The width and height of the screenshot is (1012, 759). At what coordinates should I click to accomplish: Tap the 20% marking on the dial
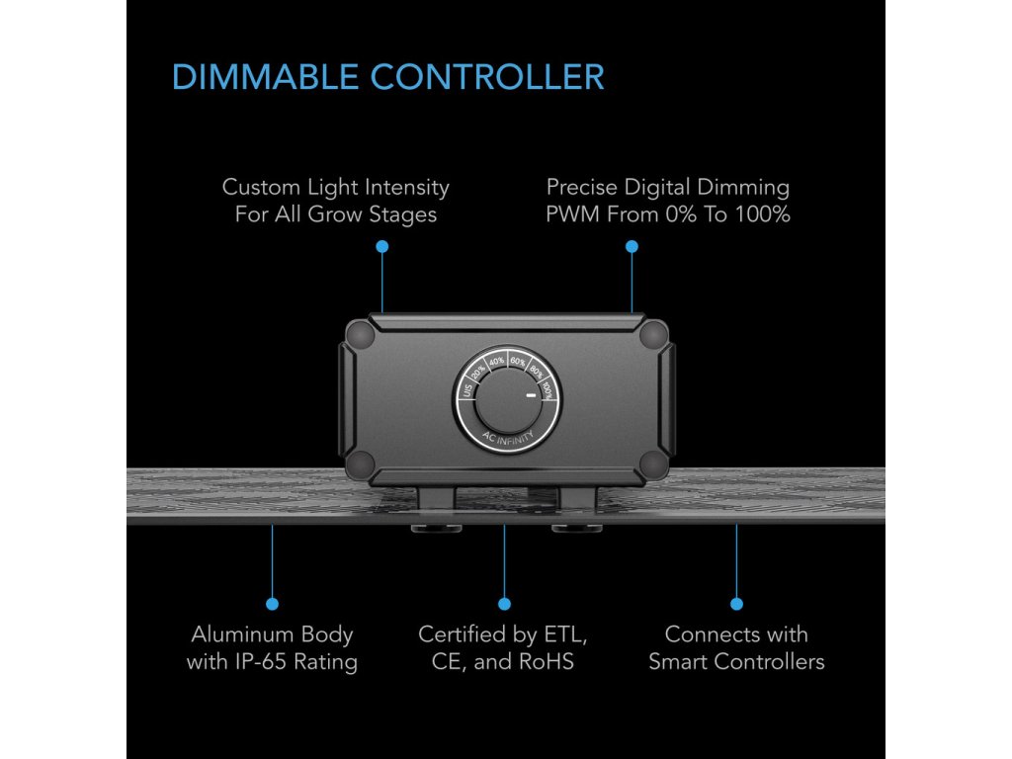(x=478, y=371)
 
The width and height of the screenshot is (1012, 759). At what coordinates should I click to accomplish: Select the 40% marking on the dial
(x=496, y=361)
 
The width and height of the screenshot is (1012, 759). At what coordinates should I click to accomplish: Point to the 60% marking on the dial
(x=517, y=361)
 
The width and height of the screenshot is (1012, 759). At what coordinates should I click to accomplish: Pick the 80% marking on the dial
(x=535, y=371)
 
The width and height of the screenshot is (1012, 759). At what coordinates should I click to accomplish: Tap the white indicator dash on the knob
(x=531, y=396)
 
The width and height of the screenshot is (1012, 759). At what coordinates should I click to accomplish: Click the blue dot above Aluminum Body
(x=272, y=603)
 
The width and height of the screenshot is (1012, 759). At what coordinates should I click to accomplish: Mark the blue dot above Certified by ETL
(x=504, y=603)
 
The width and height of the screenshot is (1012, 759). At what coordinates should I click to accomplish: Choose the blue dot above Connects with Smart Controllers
(x=736, y=603)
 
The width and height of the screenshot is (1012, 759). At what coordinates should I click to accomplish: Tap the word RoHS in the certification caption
(x=548, y=662)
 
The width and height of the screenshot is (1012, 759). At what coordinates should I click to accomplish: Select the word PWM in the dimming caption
(x=571, y=213)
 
